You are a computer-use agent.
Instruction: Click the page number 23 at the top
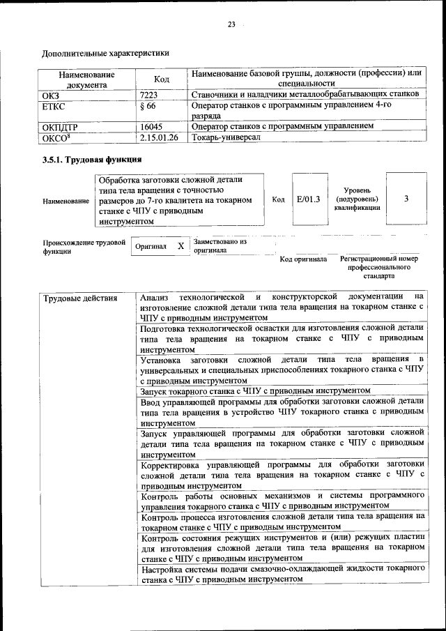[231, 26]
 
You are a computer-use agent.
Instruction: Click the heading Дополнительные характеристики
[105, 52]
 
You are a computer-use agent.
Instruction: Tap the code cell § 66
[148, 106]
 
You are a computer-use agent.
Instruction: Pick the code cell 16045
[151, 126]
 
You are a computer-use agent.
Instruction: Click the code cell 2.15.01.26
[159, 137]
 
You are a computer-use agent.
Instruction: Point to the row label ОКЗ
[50, 93]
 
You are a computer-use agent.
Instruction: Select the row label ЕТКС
[54, 106]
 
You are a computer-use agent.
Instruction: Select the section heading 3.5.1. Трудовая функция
[88, 161]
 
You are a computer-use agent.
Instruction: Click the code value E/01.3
[308, 199]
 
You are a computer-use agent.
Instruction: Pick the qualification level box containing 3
[406, 199]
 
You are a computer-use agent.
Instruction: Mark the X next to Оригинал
[180, 247]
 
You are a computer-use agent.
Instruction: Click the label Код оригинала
[303, 259]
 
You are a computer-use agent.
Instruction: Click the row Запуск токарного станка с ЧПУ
[255, 391]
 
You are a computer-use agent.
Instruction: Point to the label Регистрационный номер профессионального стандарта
[379, 267]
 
